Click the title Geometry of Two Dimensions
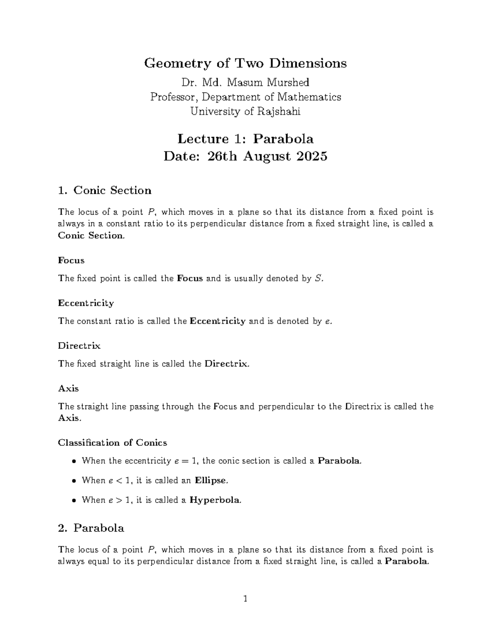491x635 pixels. coord(245,63)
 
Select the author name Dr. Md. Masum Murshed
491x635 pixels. coord(245,83)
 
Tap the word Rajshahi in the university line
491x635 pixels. coord(279,111)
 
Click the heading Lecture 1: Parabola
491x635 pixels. coord(245,139)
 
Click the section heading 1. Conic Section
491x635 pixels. coord(105,191)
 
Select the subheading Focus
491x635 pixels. coord(71,260)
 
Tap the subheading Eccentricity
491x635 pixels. coord(86,303)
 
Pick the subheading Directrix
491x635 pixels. coord(79,346)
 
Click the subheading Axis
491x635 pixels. coord(68,388)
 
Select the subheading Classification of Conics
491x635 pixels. coord(113,443)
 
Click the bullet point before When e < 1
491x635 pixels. coord(74,481)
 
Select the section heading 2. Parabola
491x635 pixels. coord(91,528)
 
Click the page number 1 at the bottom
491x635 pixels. coord(245,599)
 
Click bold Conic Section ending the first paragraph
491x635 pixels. coord(90,236)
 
